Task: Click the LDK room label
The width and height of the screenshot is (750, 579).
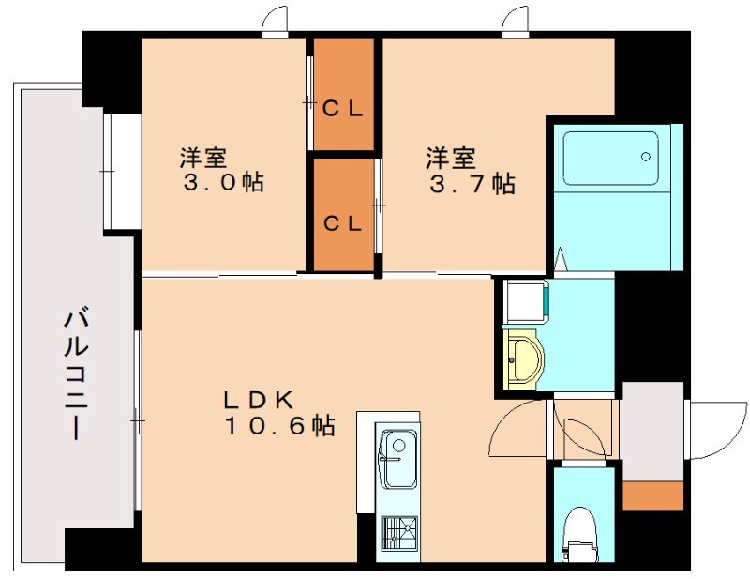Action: (x=259, y=400)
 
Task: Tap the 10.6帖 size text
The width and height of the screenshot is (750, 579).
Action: (x=279, y=425)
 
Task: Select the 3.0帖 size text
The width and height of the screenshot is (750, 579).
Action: (x=223, y=182)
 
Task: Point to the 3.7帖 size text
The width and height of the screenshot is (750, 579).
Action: (x=472, y=184)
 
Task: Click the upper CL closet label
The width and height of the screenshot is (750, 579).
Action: (x=342, y=109)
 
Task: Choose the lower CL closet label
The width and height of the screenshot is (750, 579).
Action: (x=342, y=223)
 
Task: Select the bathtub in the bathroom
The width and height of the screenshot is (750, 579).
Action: (x=611, y=159)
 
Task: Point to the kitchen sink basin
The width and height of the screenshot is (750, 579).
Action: (x=397, y=459)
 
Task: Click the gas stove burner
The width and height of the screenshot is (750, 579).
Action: (x=399, y=532)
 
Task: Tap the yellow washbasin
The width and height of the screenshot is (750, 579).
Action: (x=524, y=358)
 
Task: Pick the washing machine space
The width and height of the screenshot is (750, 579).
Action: (x=526, y=302)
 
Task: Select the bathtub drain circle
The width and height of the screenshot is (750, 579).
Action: (x=646, y=157)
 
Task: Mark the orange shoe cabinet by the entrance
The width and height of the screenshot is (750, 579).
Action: (x=652, y=496)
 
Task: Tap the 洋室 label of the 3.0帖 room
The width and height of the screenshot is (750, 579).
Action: (x=203, y=157)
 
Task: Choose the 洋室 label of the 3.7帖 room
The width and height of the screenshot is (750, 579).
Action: (x=451, y=159)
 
